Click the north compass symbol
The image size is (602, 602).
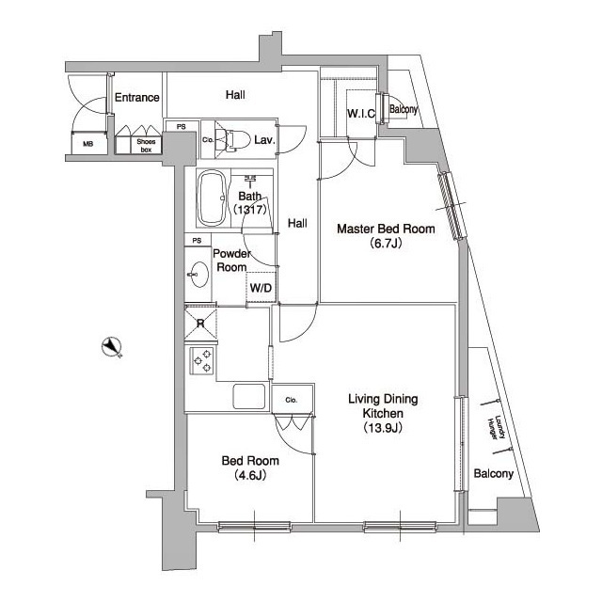(114, 347)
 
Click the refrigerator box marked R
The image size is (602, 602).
(200, 325)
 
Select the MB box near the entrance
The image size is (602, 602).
(87, 144)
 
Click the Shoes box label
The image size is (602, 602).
(139, 144)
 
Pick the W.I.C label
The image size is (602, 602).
(361, 114)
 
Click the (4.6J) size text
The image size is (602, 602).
(247, 475)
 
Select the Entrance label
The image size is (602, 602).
(136, 98)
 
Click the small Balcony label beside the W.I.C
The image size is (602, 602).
(403, 109)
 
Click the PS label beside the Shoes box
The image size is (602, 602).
(180, 126)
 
